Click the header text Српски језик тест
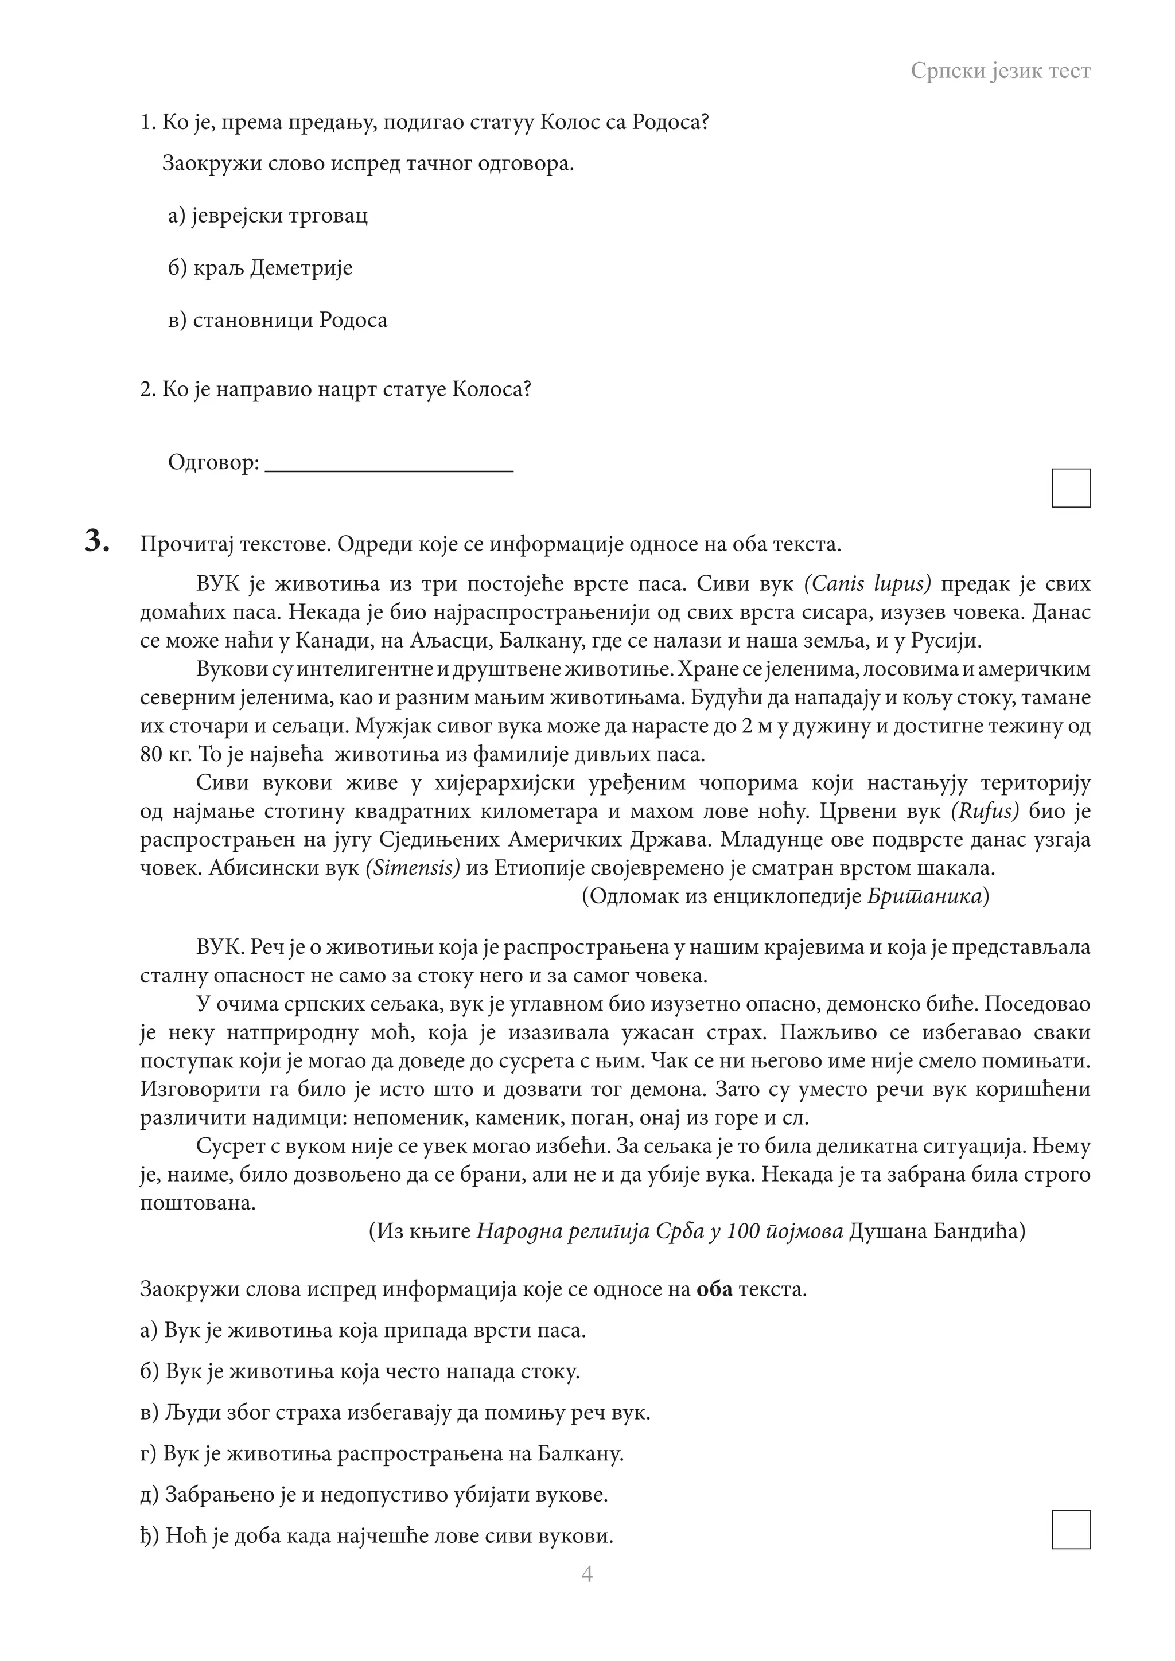[x=1000, y=71]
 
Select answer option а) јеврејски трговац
[x=268, y=216]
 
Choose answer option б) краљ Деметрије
[x=260, y=268]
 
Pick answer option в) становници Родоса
[x=278, y=321]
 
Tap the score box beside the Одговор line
[x=1071, y=488]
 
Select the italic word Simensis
[x=413, y=868]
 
